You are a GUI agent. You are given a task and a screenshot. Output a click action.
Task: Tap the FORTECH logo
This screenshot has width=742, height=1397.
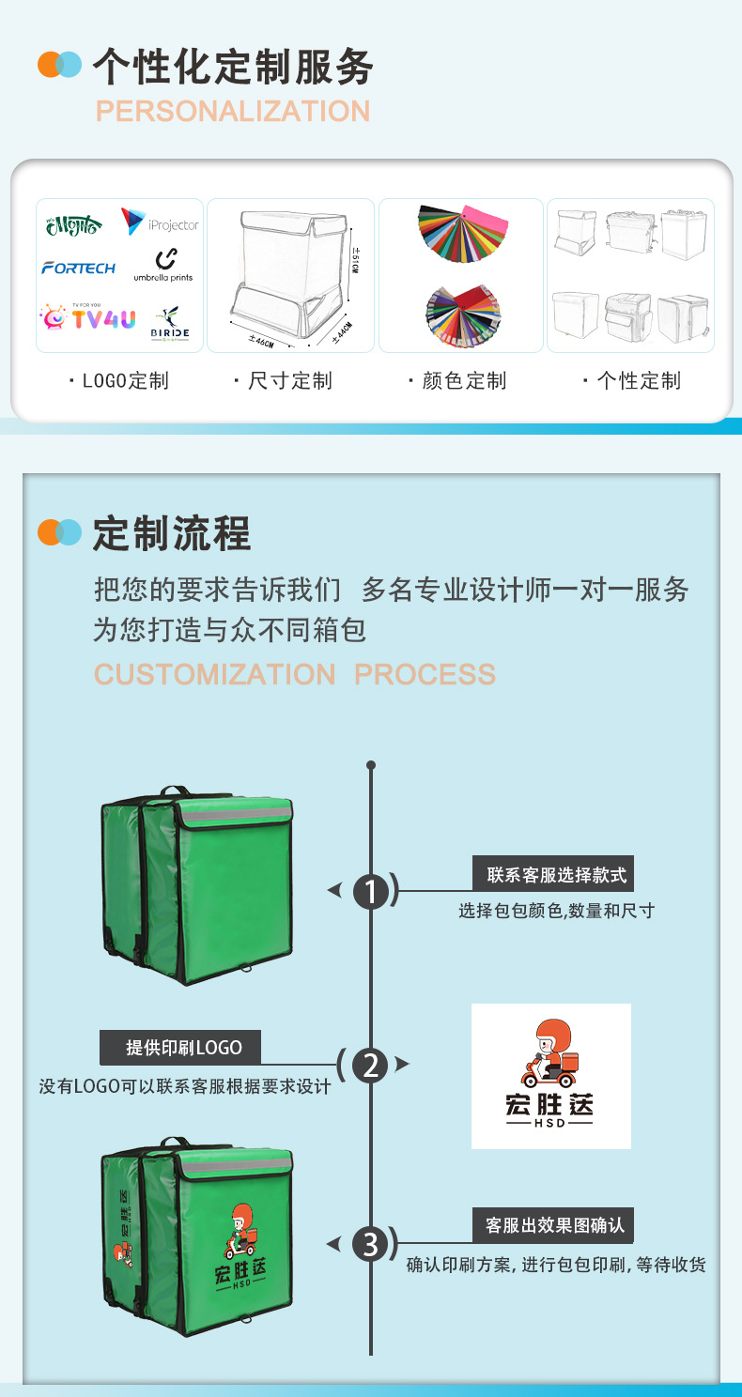click(x=79, y=268)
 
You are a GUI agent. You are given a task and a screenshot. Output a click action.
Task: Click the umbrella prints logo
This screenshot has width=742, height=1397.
click(x=163, y=265)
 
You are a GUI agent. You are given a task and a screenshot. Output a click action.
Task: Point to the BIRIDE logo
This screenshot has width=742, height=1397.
click(x=170, y=323)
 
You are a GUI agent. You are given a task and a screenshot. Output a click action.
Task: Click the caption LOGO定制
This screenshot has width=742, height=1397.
click(x=119, y=380)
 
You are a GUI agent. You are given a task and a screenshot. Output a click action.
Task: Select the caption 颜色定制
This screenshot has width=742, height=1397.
click(x=458, y=380)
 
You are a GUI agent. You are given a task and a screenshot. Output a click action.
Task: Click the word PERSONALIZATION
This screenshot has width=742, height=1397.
click(x=233, y=111)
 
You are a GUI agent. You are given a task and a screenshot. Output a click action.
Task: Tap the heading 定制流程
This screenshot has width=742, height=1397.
click(x=172, y=534)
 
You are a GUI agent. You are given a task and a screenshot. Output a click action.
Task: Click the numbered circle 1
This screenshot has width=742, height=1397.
click(x=372, y=892)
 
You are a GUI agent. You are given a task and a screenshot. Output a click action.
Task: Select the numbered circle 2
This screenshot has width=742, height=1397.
click(x=371, y=1066)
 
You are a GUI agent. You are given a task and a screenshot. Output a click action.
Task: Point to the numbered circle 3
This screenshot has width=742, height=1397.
click(x=371, y=1244)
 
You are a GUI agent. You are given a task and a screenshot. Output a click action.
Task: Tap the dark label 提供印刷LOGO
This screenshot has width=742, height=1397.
click(x=180, y=1048)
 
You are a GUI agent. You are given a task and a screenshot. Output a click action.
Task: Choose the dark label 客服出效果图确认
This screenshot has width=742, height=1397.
click(x=553, y=1225)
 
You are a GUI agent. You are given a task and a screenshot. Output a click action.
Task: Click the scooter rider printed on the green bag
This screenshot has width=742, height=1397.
click(x=240, y=1231)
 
